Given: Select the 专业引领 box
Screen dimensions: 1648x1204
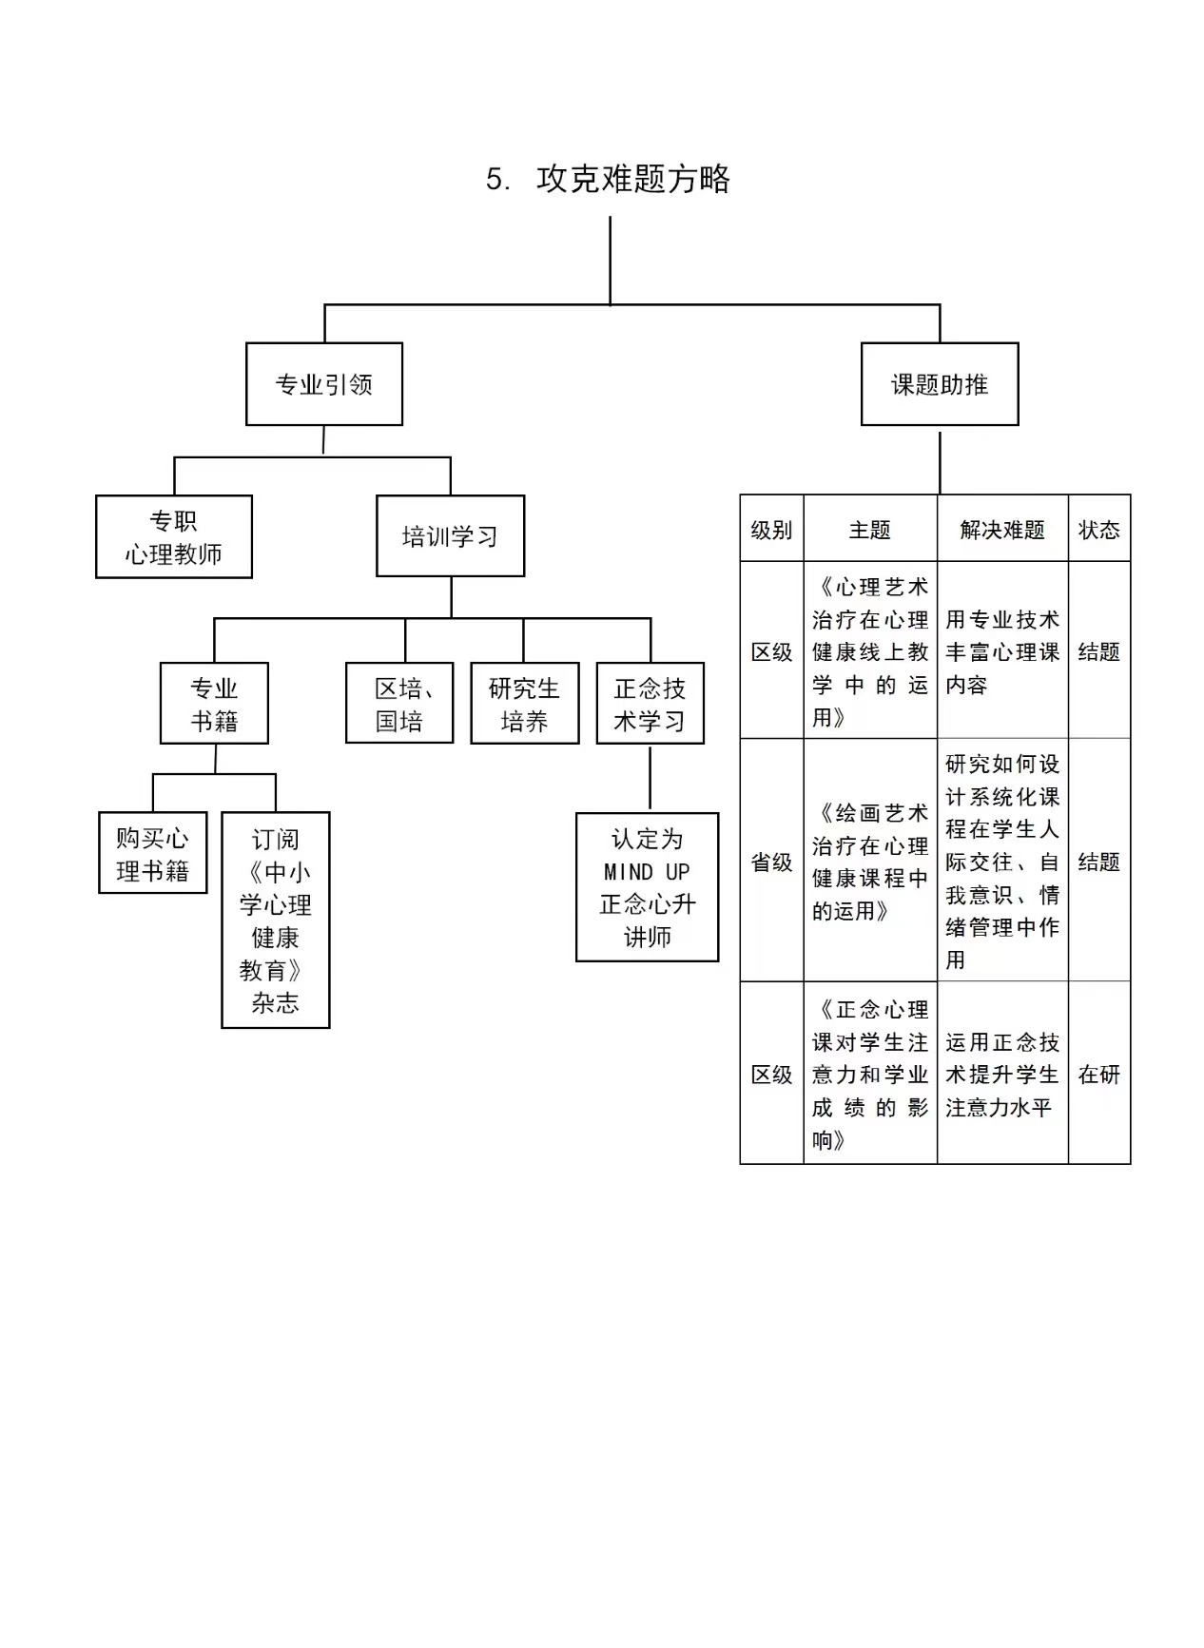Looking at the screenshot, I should pyautogui.click(x=323, y=384).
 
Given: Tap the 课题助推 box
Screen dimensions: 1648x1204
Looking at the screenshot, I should pyautogui.click(x=939, y=384).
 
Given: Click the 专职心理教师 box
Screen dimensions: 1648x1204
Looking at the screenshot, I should pyautogui.click(x=173, y=536).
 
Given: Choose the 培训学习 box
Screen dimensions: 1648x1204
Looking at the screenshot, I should pyautogui.click(x=450, y=536).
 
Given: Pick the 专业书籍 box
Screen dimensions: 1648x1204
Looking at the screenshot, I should pyautogui.click(x=214, y=704).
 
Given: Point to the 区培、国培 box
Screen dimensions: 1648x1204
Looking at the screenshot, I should pyautogui.click(x=399, y=704).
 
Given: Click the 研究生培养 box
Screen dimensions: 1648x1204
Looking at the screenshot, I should pyautogui.click(x=524, y=704).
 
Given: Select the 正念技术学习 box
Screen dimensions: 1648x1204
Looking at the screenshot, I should pyautogui.click(x=650, y=704).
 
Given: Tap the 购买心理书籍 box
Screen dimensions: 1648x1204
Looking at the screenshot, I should pyautogui.click(x=152, y=853).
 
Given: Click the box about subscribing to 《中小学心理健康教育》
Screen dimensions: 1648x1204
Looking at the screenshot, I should pyautogui.click(x=275, y=921).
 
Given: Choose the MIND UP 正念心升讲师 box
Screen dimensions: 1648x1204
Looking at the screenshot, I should pyautogui.click(x=647, y=887).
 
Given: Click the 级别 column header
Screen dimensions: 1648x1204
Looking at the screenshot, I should pyautogui.click(x=771, y=529).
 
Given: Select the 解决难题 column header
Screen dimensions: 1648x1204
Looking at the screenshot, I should pyautogui.click(x=1002, y=529).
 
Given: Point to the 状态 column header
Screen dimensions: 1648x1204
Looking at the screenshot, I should pyautogui.click(x=1098, y=529).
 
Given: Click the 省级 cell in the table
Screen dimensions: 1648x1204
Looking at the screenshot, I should pyautogui.click(x=771, y=861).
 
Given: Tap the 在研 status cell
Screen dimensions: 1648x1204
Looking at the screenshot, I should pyautogui.click(x=1098, y=1074).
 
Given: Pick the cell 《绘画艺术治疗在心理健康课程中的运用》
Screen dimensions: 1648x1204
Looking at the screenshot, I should pyautogui.click(x=870, y=861).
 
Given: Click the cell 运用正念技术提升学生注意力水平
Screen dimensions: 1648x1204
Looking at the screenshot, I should pyautogui.click(x=1002, y=1074).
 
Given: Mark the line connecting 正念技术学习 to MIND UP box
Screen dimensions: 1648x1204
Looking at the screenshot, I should pyautogui.click(x=650, y=778).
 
